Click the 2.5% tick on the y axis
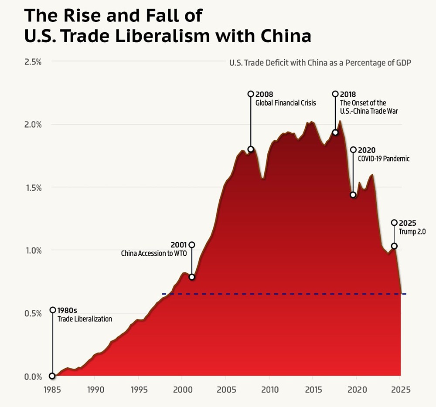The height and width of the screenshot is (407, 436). [x=33, y=61]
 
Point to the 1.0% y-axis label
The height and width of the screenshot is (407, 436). [x=33, y=251]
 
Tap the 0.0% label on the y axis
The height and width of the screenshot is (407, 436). [x=33, y=376]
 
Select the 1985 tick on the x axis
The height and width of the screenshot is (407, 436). [x=52, y=389]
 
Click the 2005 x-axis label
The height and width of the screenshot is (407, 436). [x=225, y=389]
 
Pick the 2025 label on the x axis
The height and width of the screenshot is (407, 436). [x=400, y=389]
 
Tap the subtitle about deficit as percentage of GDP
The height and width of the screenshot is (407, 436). [x=320, y=63]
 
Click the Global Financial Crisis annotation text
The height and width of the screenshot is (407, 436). [x=286, y=103]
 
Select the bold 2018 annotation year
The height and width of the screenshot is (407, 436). [x=348, y=94]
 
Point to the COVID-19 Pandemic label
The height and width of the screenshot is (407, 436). [x=384, y=159]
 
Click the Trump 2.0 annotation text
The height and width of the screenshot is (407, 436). [x=412, y=232]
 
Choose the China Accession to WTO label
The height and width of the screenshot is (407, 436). [x=153, y=253]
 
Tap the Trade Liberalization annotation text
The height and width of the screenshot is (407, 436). [x=85, y=319]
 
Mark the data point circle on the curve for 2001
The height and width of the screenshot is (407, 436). [x=191, y=277]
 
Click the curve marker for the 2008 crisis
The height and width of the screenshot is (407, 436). [x=251, y=149]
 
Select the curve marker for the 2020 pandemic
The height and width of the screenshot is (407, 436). [x=353, y=195]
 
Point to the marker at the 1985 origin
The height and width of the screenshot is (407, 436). [x=53, y=376]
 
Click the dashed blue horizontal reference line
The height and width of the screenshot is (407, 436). [x=283, y=294]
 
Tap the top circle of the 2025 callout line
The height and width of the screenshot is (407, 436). [x=394, y=223]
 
